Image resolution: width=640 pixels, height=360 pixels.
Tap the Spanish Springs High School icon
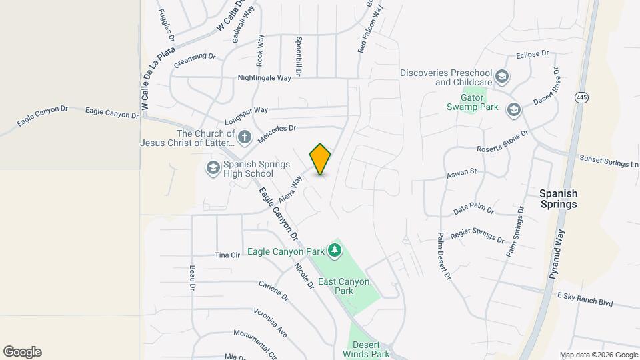coord(213,167)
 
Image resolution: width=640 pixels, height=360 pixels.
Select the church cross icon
coord(245,138)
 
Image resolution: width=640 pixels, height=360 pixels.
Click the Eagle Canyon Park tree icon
coord(335,251)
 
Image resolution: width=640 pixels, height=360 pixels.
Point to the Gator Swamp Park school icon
coord(513,109)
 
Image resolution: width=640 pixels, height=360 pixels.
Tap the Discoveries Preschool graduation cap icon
coord(502,77)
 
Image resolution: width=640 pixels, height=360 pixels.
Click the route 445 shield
coord(582,97)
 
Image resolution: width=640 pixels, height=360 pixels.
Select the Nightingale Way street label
coord(265,78)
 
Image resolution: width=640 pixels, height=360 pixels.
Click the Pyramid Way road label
coord(557,255)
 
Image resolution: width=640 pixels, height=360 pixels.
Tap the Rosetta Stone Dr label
coord(503,141)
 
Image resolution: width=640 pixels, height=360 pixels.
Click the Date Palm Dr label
coord(473,210)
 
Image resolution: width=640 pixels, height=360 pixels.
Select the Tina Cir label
coord(227,255)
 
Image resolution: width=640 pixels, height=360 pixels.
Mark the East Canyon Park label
coord(343,286)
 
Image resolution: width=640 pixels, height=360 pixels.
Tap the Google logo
coord(22,352)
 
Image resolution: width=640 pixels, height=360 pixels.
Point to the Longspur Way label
coord(246,110)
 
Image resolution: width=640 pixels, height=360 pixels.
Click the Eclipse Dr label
coord(532,53)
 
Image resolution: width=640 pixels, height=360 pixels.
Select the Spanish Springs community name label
coord(558,199)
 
